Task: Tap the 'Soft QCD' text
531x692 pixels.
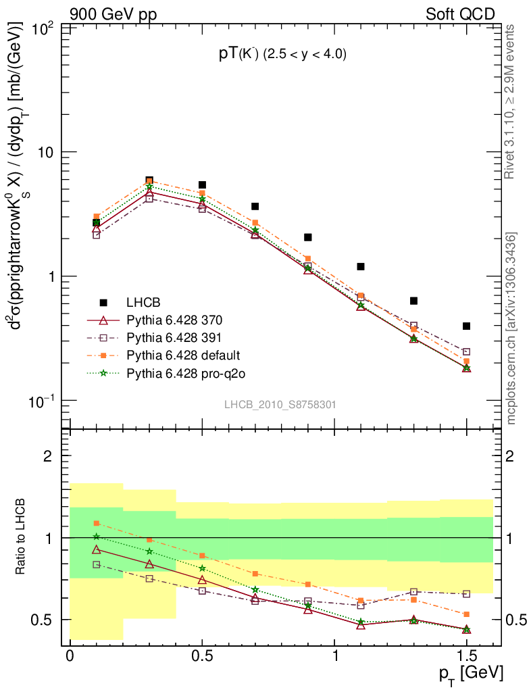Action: point(460,14)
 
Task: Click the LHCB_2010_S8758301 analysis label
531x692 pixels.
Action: point(280,404)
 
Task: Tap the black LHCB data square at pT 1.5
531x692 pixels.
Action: point(466,326)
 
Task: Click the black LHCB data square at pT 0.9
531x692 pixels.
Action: point(308,237)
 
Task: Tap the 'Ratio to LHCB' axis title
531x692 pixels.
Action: point(22,537)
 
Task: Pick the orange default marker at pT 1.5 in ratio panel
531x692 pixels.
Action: point(466,614)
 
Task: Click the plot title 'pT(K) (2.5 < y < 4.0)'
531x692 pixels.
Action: point(282,55)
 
